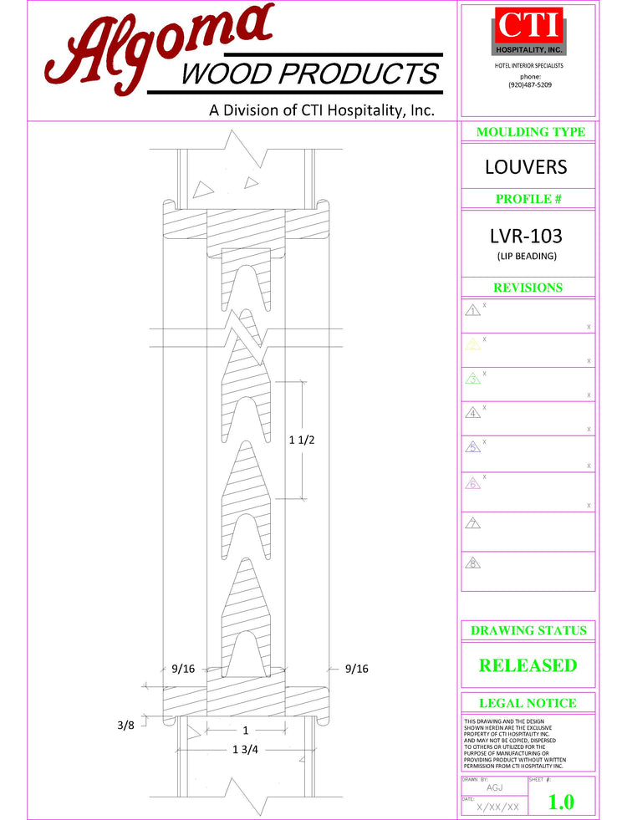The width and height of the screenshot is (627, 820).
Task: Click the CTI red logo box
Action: tap(528, 27)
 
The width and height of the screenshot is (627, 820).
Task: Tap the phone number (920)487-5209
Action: tap(529, 84)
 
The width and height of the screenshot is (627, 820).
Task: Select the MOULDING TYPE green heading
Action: tap(530, 132)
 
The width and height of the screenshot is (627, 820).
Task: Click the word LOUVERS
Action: tap(526, 167)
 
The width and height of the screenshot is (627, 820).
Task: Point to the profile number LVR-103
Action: tap(526, 236)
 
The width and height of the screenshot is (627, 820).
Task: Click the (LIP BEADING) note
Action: tap(527, 256)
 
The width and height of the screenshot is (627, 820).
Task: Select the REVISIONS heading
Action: tap(528, 288)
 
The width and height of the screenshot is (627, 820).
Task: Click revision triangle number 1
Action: tap(473, 311)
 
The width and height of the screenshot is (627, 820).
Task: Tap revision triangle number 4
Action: tap(473, 413)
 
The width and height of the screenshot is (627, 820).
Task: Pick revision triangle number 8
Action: tap(473, 563)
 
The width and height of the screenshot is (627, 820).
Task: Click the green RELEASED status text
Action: tap(528, 665)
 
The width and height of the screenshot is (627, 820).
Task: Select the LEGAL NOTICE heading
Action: tap(528, 704)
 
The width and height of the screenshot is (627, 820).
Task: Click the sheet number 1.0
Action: tap(561, 802)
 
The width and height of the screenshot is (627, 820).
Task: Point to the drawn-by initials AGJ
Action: tap(495, 787)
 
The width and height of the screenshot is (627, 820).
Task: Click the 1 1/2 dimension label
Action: tap(301, 441)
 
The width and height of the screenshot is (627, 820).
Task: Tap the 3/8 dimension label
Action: tap(125, 724)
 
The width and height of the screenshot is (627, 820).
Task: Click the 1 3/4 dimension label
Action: tap(246, 749)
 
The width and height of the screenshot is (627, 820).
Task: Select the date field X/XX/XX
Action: tap(498, 807)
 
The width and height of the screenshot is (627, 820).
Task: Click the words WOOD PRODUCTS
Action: tap(309, 74)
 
